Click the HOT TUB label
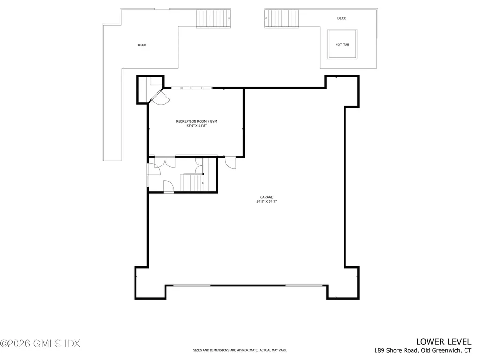coord(342,45)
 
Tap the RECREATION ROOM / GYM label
coord(196,122)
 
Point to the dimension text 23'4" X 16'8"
coord(196,126)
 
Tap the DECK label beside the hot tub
coord(342,18)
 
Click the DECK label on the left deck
coord(142,45)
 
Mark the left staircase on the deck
coord(213,18)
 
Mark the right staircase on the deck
coord(282,18)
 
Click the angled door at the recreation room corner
coord(160,96)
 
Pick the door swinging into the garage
coord(230,162)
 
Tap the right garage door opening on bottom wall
coord(304,285)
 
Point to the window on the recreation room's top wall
coord(191,88)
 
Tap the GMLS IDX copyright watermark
coord(40,344)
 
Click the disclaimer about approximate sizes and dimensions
coord(240,350)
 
